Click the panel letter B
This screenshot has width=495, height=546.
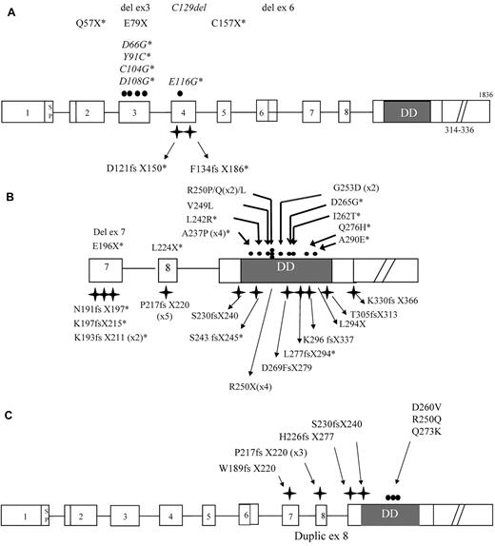[9, 196]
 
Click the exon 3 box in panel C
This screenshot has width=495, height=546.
[125, 515]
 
